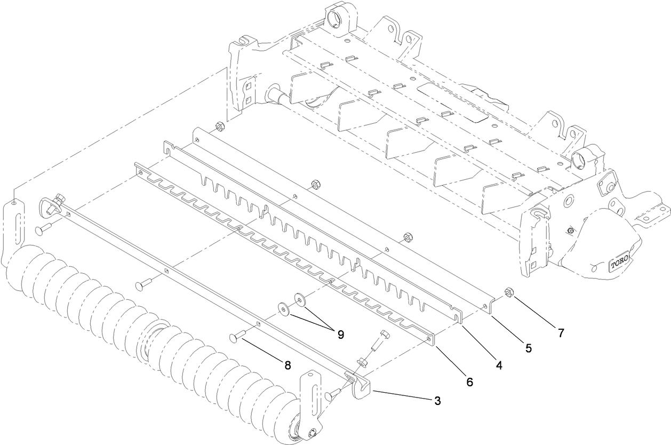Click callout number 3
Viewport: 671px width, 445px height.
pos(437,401)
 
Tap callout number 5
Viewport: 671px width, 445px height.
pos(528,348)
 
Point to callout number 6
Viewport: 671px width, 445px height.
pos(469,382)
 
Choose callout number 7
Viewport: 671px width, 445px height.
pos(561,333)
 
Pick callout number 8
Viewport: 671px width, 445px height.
pos(287,365)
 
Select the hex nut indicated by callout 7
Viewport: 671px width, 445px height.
pos(508,292)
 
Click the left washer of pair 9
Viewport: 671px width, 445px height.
pos(283,308)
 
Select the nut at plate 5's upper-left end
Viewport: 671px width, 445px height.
pos(218,126)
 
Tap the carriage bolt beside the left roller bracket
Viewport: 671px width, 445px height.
pos(43,230)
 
